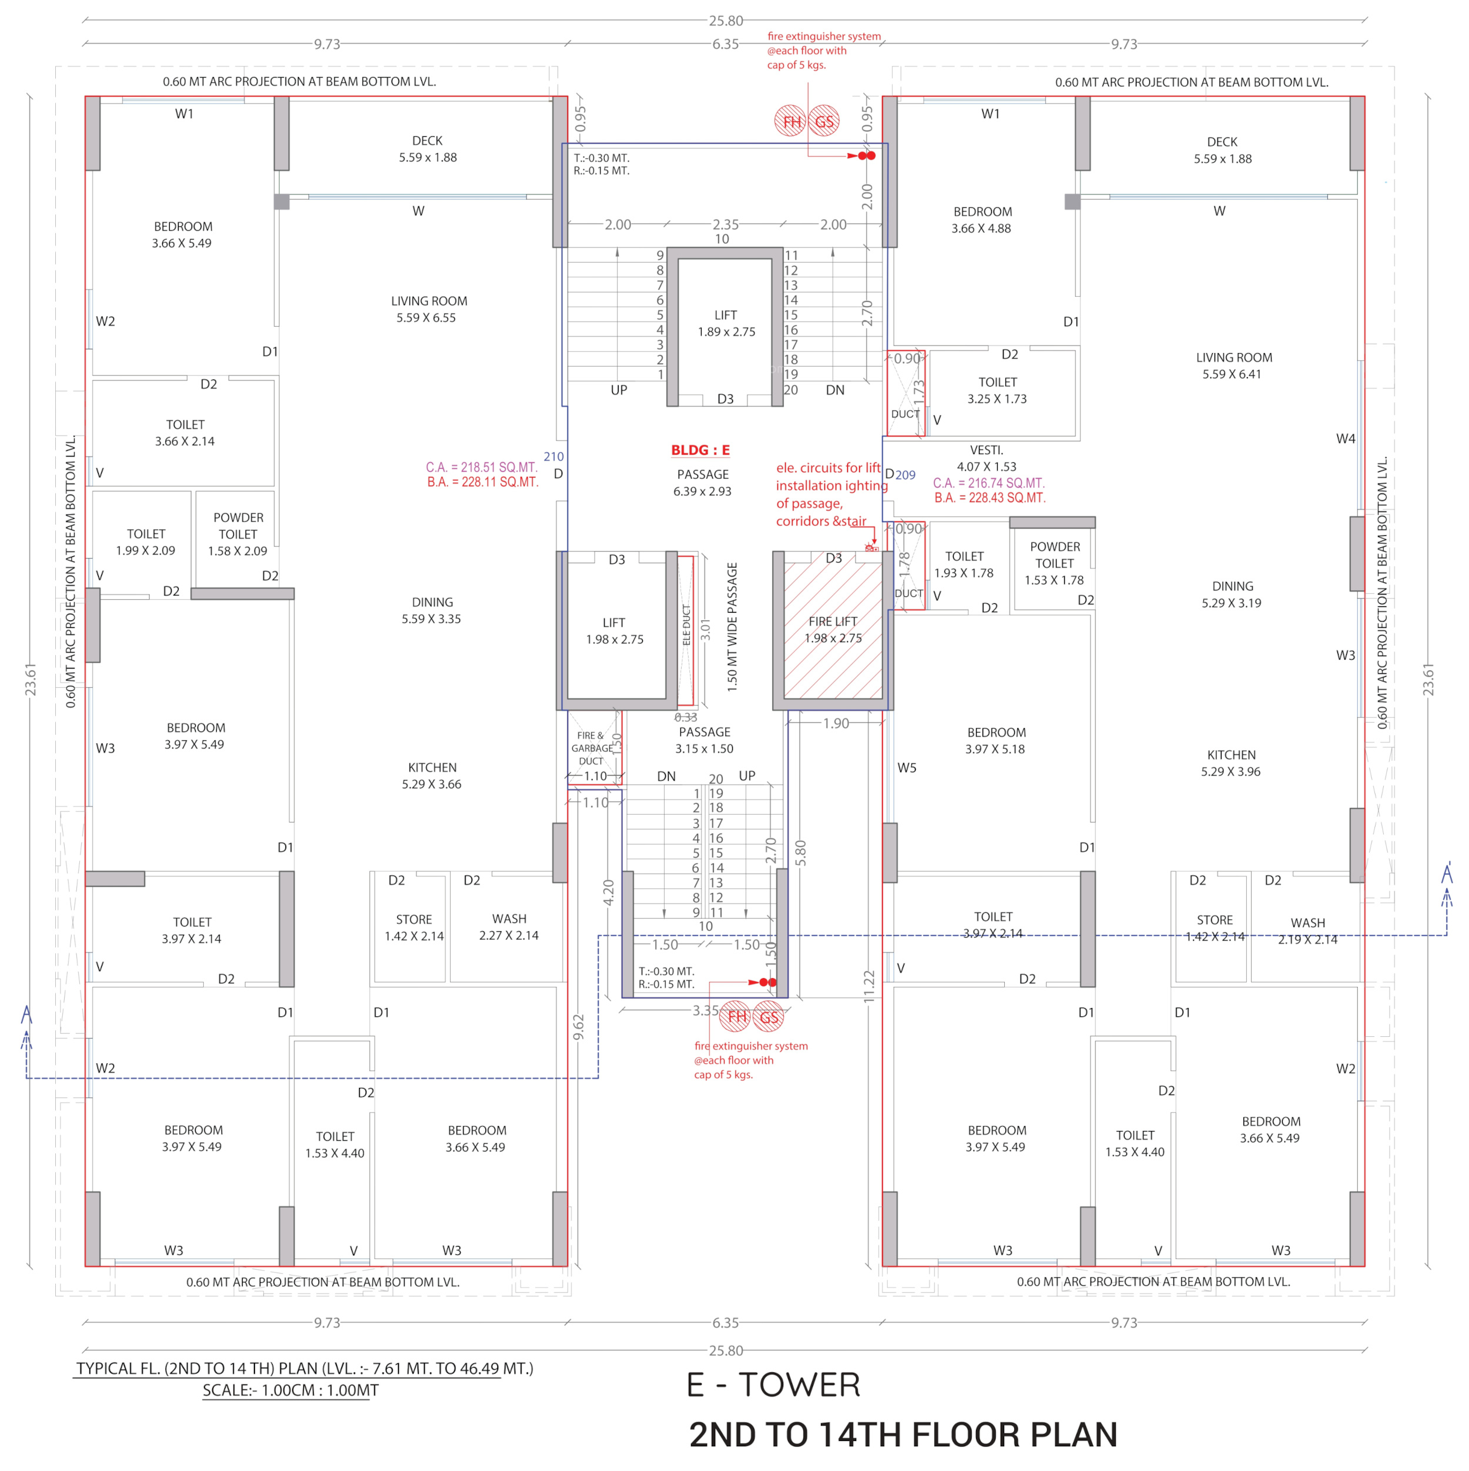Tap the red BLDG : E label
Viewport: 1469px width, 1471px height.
[700, 450]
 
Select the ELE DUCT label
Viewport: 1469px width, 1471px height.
[686, 625]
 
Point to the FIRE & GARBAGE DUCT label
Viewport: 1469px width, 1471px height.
[591, 748]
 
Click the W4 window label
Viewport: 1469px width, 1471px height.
[1345, 439]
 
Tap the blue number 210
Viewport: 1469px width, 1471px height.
[554, 457]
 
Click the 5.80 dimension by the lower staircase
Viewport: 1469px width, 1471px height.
[800, 853]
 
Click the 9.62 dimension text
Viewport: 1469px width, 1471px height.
[578, 1027]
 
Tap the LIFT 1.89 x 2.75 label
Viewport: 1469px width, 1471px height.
[726, 324]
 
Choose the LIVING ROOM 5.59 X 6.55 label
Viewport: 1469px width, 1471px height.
[429, 309]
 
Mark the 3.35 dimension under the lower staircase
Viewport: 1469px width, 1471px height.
[705, 1010]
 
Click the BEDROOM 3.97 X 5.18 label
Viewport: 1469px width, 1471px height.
[995, 741]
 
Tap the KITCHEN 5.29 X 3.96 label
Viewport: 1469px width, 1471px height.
[1230, 763]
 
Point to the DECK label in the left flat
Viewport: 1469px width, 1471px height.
[427, 141]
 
